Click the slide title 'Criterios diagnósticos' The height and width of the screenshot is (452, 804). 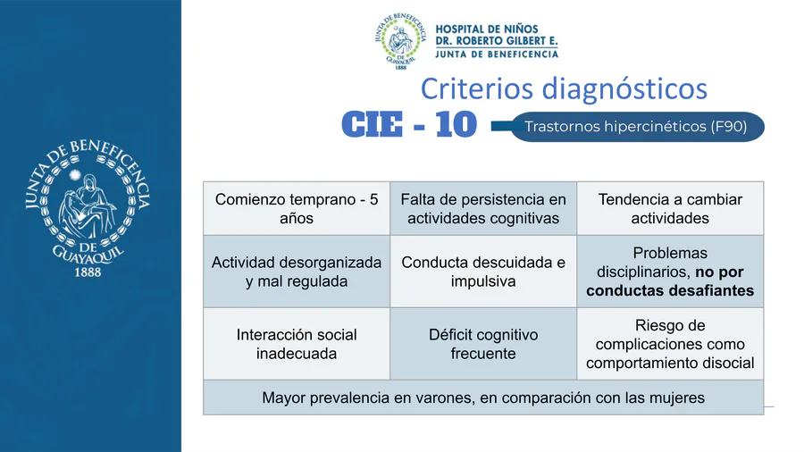pos(564,88)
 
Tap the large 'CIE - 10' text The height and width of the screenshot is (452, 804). pos(409,124)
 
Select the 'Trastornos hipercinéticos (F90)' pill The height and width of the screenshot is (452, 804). pos(637,127)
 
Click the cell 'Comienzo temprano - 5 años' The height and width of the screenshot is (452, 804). pos(297,208)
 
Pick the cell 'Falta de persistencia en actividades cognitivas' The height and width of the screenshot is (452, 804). pos(483,208)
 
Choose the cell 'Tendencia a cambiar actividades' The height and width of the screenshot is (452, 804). pos(670,208)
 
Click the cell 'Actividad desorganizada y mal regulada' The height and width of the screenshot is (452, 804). pos(297,272)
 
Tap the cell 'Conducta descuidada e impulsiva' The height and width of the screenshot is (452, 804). pos(483,272)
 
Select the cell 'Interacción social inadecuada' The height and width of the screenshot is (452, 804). pos(297,344)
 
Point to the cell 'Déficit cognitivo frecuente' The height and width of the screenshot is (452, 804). pos(483,344)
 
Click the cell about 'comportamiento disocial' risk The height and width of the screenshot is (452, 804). pos(670,344)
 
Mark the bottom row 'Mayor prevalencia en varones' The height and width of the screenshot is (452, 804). pos(483,398)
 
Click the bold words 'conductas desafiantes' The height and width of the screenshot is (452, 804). pos(670,290)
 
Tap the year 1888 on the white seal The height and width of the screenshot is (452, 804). pos(88,272)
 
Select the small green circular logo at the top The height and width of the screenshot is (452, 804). pos(400,41)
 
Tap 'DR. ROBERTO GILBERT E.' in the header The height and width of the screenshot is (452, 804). pos(497,41)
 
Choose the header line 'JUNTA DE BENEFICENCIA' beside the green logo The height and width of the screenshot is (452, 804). pos(497,54)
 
